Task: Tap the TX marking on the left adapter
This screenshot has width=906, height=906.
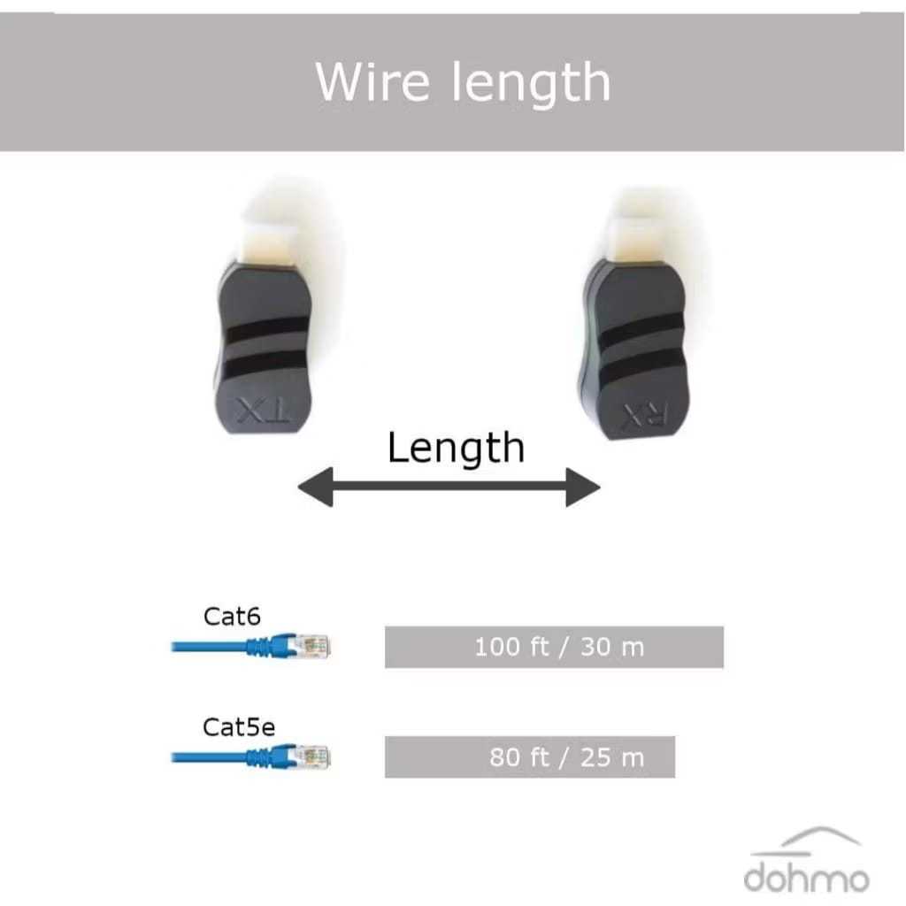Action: tap(262, 410)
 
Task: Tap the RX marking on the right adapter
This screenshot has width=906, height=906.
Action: tap(644, 412)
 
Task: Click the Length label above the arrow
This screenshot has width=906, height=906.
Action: tap(456, 448)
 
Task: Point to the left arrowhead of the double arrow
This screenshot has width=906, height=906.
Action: tap(315, 488)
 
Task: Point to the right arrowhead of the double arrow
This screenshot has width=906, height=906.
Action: tap(584, 488)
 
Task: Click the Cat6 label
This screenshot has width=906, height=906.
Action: tap(232, 616)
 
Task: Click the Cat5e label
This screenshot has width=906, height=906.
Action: tap(239, 727)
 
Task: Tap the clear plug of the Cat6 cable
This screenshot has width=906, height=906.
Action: tap(314, 646)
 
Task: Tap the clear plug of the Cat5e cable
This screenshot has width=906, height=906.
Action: tap(314, 757)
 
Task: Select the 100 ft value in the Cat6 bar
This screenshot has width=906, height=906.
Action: tap(512, 647)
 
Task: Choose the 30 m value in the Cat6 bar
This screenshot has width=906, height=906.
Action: tap(612, 647)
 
